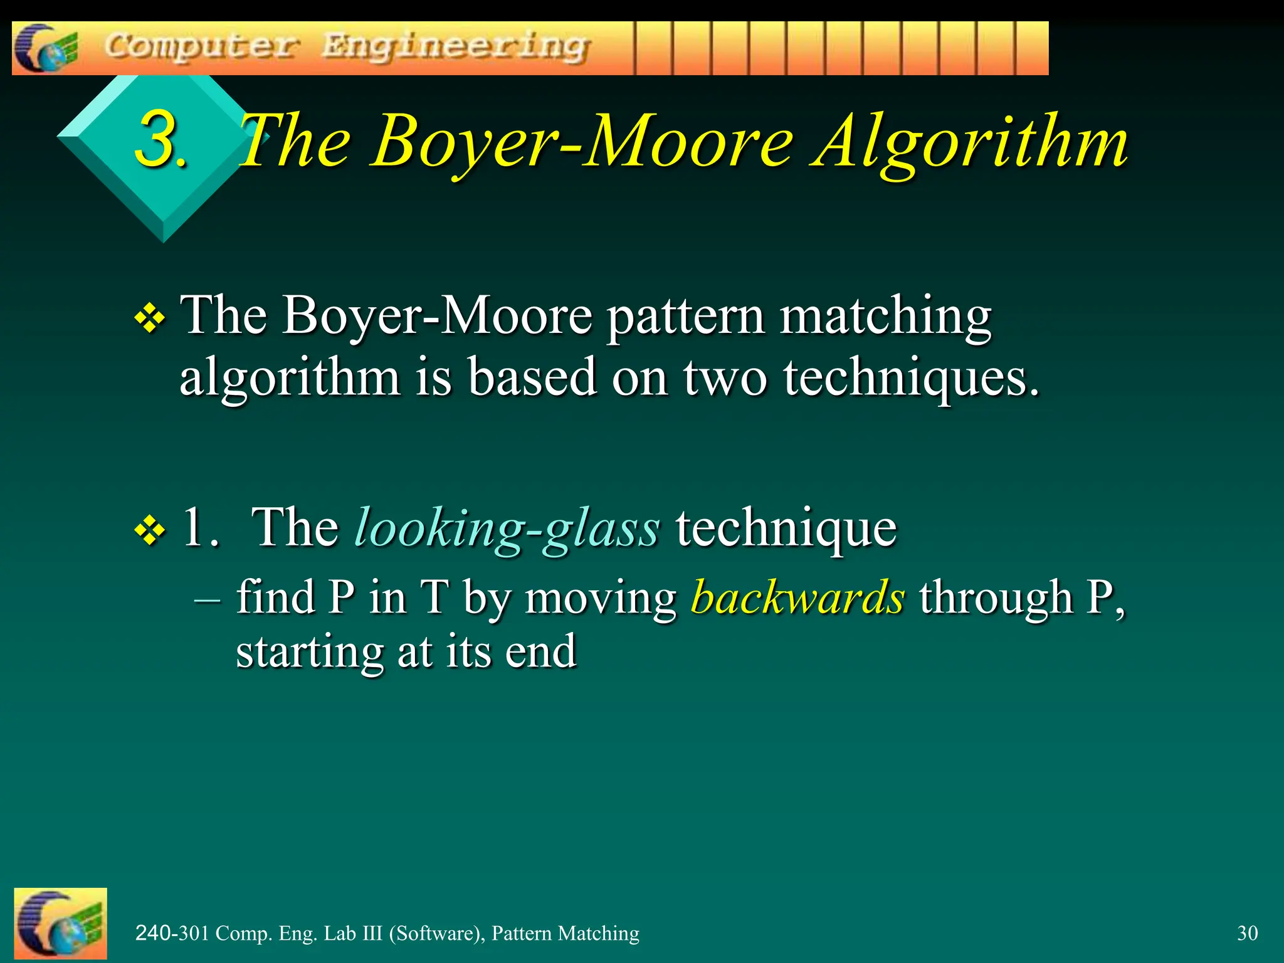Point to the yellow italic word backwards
coord(797,597)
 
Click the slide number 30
coord(1247,933)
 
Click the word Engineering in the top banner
coord(456,47)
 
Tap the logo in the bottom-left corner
coord(60,923)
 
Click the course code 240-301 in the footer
coord(172,933)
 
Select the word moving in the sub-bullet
coord(600,597)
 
